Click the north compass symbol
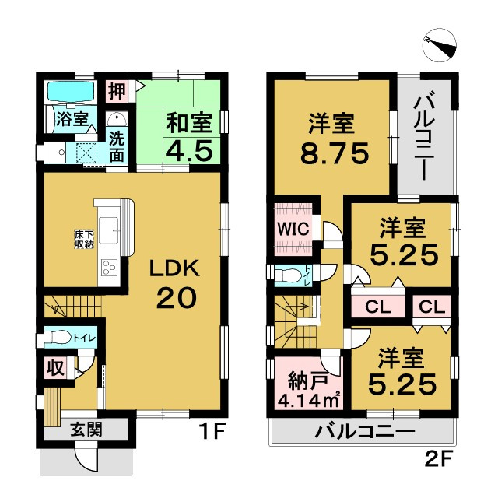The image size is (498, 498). tap(440, 45)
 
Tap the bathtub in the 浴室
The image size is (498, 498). tap(72, 92)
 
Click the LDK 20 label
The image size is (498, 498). tap(175, 283)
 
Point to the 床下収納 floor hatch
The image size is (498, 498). tap(84, 240)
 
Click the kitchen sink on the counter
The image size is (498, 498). tap(109, 230)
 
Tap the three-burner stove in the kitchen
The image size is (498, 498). tap(109, 268)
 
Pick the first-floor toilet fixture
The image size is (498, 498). tap(58, 337)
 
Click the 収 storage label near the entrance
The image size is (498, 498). tap(56, 369)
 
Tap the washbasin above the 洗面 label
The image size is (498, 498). tap(117, 120)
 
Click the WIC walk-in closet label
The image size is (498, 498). tap(293, 228)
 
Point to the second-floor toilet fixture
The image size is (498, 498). tap(286, 275)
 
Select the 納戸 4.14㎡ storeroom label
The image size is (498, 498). tap(309, 391)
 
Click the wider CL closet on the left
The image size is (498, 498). tap(378, 307)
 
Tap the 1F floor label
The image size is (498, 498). tap(213, 431)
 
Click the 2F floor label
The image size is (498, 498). tap(438, 459)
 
